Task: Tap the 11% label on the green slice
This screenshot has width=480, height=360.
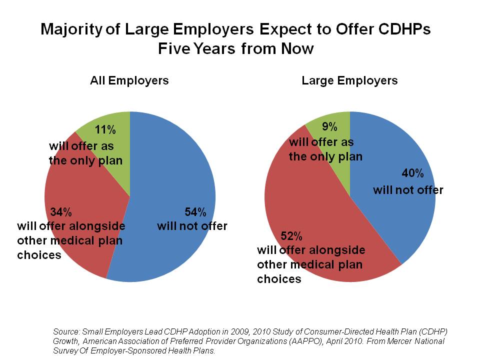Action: pos(106,130)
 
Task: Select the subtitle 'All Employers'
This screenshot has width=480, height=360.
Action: pos(129,80)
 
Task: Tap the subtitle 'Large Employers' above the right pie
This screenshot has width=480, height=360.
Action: pos(349,80)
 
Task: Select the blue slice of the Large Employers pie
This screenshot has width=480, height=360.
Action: pos(395,210)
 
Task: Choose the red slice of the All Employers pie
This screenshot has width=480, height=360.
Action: pos(85,240)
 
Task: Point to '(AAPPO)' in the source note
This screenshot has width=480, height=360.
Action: pos(289,340)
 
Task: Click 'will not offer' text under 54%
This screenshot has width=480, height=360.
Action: pos(192,226)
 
